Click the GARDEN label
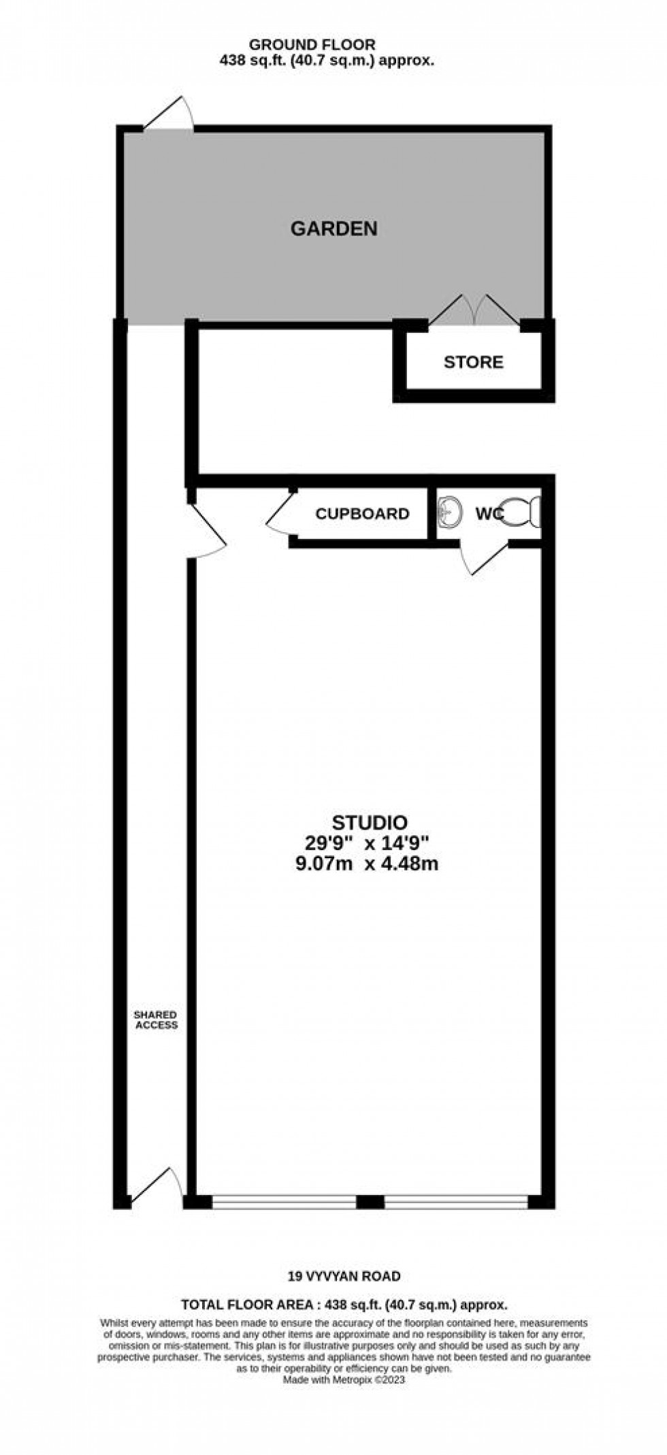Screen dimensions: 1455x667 pos(333,229)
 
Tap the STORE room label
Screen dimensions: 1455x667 pos(473,362)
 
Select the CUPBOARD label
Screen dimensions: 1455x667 pos(362,514)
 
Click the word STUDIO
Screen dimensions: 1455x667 pos(370,822)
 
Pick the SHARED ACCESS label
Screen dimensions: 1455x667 pos(156,1019)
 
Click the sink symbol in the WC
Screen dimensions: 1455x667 pos(450,511)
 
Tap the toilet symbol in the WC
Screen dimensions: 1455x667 pos(524,511)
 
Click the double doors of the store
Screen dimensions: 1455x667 pos(474,311)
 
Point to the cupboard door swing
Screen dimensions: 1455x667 pos(280,512)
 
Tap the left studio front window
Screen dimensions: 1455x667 pos(284,1202)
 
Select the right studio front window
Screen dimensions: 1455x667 pos(455,1202)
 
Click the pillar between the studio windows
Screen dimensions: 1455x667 pos(370,1202)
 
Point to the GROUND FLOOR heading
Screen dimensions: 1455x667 pos(312,45)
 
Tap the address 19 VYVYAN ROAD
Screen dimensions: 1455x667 pos(342,1277)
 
